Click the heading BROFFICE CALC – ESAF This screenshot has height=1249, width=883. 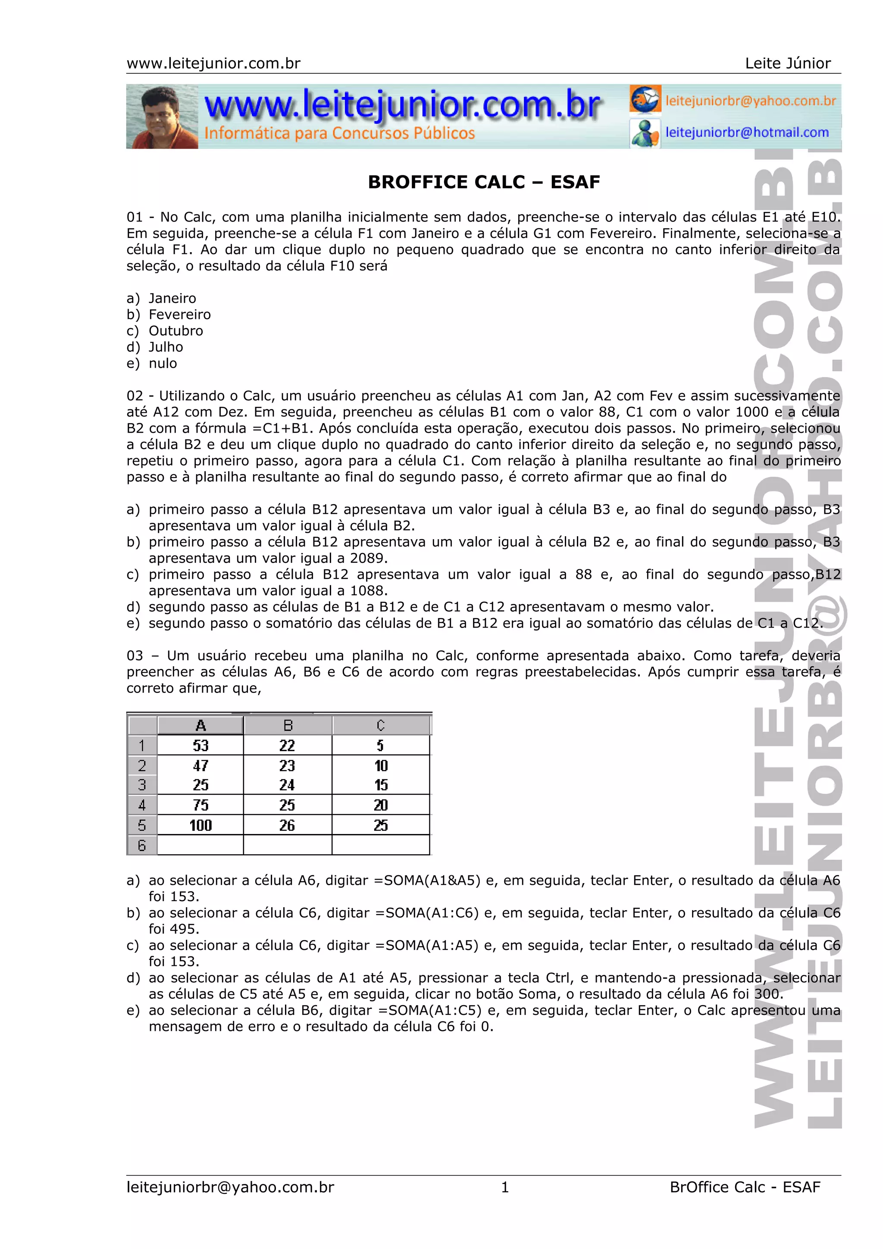484,182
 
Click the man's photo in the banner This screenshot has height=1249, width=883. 162,116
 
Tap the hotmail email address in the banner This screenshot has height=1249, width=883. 747,132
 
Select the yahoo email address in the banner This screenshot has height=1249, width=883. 750,101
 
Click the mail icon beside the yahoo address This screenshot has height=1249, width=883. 645,99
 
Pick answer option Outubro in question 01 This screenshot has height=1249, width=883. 176,331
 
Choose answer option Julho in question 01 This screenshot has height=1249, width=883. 166,347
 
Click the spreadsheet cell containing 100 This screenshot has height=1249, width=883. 200,825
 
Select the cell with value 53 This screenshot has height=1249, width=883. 200,745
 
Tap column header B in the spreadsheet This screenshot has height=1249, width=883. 288,725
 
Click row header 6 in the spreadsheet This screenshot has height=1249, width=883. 142,845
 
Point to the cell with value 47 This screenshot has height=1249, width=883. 200,765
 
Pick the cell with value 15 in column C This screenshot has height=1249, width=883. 381,785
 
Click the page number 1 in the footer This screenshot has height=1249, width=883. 505,1187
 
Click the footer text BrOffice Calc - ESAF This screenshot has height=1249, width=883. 745,1187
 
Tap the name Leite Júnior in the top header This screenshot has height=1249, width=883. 787,64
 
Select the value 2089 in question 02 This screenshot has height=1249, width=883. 368,558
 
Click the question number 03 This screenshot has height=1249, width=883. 135,656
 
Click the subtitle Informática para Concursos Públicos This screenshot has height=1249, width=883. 339,133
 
